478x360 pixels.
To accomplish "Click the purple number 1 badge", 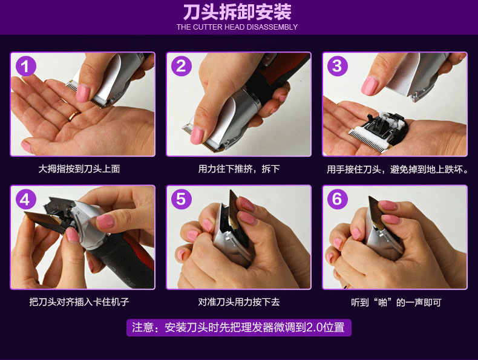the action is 25,66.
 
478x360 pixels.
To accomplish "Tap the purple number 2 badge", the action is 182,66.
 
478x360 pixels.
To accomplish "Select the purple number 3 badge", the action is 338,66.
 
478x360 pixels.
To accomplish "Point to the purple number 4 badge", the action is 25,199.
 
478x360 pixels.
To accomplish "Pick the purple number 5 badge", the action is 182,199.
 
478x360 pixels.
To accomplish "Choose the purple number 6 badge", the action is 338,199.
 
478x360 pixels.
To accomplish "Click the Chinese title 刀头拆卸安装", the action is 237,12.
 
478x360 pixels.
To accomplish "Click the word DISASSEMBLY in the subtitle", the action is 272,27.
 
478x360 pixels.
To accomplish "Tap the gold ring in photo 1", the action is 74,116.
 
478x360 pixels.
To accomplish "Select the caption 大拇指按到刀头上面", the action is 79,169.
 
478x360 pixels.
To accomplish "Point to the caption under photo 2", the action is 238,169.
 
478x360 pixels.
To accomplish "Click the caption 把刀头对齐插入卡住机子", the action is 79,302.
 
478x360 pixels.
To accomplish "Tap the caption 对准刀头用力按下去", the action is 238,302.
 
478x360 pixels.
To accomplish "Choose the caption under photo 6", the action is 396,303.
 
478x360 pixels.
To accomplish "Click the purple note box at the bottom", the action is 238,328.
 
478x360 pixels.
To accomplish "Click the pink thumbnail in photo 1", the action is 83,93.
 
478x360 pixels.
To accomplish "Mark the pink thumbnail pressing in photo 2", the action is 197,136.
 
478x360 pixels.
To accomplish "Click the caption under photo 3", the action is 398,169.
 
